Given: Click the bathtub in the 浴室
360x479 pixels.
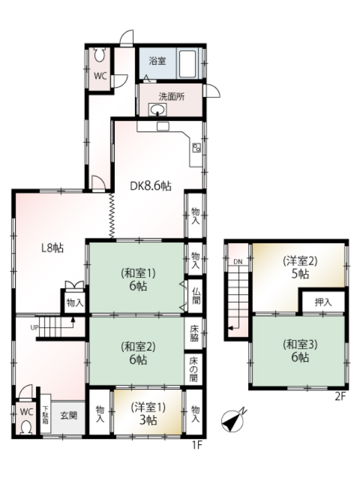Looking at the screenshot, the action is (x=187, y=64).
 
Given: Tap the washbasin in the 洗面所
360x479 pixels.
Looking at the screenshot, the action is (x=157, y=109).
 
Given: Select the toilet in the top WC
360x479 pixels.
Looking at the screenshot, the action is (x=99, y=54).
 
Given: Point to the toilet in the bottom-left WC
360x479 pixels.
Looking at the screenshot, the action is (x=26, y=428).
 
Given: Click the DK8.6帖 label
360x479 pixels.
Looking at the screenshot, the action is (x=150, y=186).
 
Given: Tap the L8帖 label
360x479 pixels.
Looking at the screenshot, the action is (x=53, y=248).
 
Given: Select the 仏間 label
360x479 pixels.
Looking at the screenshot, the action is (x=196, y=295).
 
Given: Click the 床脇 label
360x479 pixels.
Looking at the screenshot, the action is (x=194, y=333).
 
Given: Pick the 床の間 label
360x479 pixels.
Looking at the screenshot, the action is (x=194, y=370).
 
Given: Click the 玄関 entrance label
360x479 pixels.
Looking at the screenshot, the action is (x=68, y=416).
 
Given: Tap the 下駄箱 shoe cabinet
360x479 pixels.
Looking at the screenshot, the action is (x=45, y=414).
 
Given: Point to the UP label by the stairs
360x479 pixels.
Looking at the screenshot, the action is (x=34, y=328).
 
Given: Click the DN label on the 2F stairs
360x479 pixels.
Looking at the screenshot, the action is (x=238, y=262).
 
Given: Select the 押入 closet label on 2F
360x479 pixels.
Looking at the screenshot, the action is (x=324, y=303).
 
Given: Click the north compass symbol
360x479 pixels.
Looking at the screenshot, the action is (x=233, y=420).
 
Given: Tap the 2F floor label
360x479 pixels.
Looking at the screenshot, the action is (x=340, y=397).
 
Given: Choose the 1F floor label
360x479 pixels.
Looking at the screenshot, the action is (x=197, y=445).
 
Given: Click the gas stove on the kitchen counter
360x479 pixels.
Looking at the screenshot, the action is (x=197, y=148).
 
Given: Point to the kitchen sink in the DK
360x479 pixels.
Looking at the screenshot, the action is (x=163, y=126).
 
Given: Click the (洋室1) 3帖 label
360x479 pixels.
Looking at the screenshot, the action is (x=148, y=414).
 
